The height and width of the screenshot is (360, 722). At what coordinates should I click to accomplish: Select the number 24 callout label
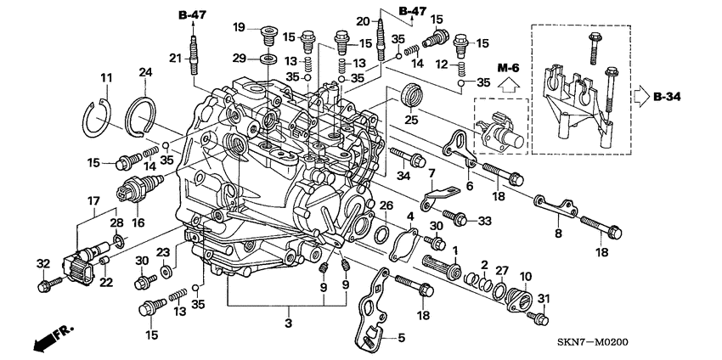point(144,74)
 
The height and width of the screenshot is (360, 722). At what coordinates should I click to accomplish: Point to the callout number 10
point(526,276)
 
